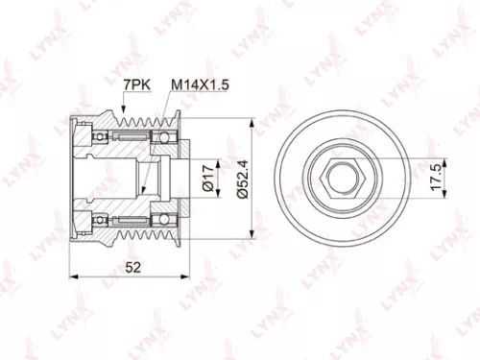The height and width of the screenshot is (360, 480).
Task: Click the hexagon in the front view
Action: (x=341, y=180)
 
